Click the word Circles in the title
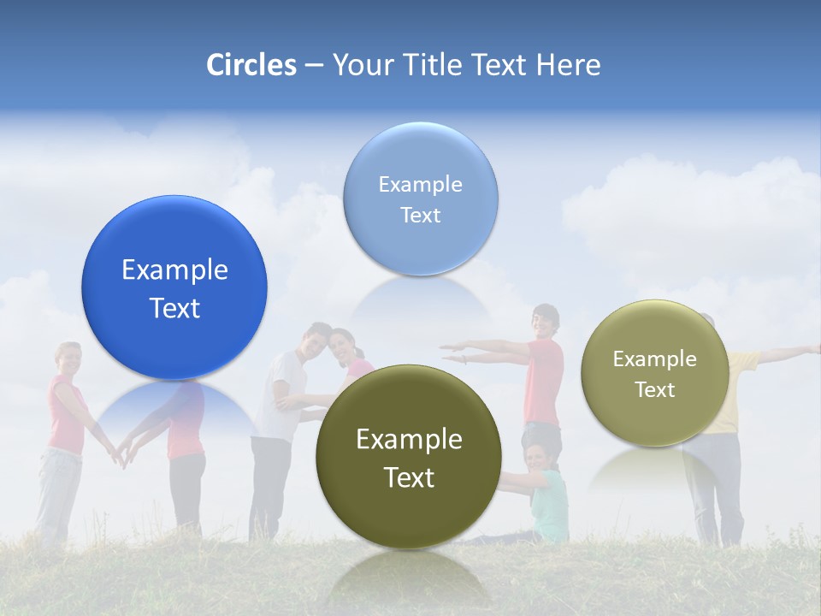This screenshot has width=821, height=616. [x=251, y=65]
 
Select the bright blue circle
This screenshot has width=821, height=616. [x=174, y=287]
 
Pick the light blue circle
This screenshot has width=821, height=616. [x=420, y=198]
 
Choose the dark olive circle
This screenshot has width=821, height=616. [x=409, y=457]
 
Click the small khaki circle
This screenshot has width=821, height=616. [x=655, y=373]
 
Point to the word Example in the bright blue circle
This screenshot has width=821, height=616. [x=174, y=270]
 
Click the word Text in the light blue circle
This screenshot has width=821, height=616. [x=420, y=215]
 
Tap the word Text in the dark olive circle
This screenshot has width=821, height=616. [x=409, y=477]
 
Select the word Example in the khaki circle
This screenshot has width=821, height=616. [x=655, y=359]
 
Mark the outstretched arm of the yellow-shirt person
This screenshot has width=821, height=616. [x=787, y=352]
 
